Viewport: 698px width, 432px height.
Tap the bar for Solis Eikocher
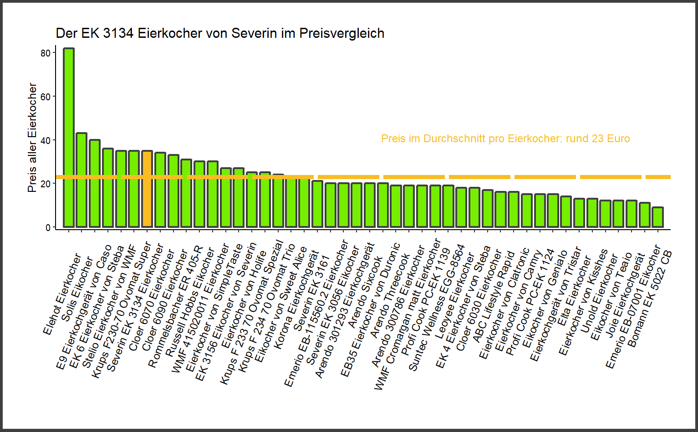(82, 180)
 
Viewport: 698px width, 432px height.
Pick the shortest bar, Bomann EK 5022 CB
(657, 217)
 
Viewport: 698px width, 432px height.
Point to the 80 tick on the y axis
(46, 53)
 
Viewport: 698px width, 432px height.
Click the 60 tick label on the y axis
(46, 97)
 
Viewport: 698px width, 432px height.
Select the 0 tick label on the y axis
(48, 227)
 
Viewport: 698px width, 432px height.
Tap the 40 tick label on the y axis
(46, 141)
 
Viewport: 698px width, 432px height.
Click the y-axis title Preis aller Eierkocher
(32, 137)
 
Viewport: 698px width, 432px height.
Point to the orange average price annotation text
(505, 139)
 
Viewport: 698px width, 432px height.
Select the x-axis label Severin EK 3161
(311, 294)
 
